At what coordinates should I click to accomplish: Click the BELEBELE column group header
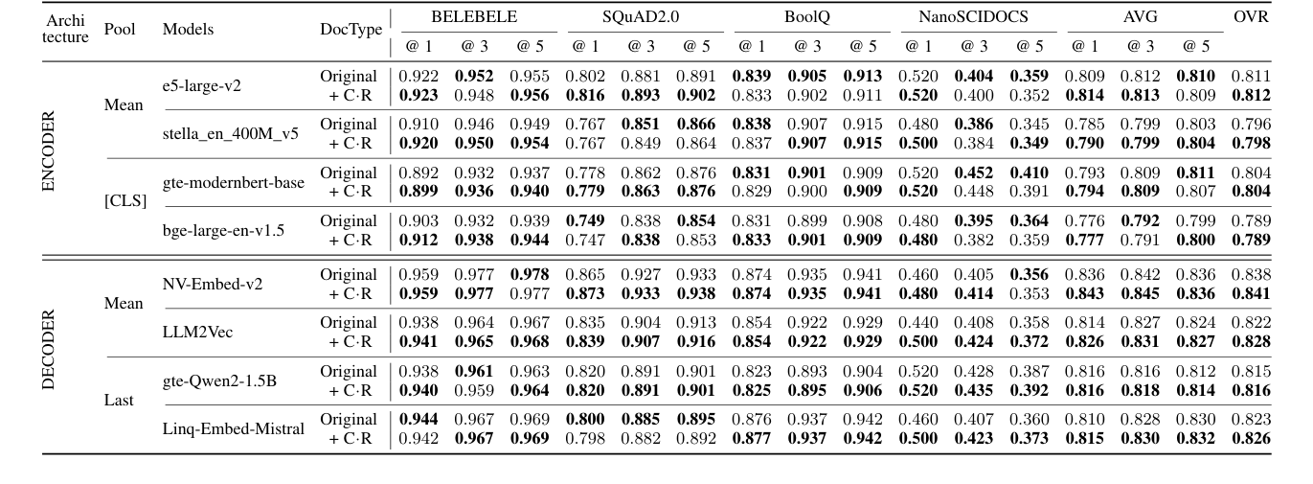474,17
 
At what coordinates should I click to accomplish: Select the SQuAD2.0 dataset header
644,17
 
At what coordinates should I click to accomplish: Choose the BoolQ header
806,17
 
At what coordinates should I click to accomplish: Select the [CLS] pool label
123,202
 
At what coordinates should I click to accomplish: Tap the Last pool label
119,401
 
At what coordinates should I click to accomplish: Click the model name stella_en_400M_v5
230,134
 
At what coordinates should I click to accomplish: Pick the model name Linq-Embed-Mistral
234,428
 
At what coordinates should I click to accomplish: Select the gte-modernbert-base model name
234,183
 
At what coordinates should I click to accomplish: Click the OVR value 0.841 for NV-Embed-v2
1252,291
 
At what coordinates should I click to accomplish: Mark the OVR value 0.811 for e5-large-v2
1252,76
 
